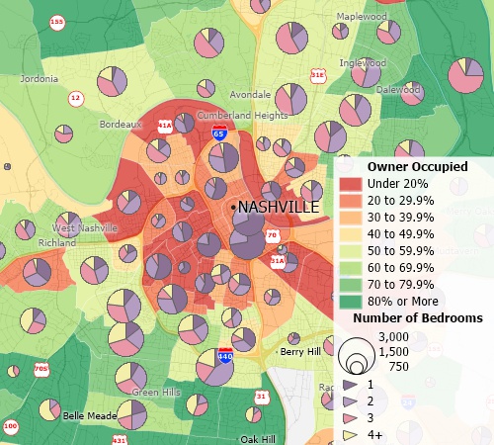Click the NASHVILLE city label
(x=280, y=208)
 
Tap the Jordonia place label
(x=39, y=78)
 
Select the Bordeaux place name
(x=122, y=125)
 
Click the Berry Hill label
(x=300, y=351)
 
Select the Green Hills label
(x=158, y=392)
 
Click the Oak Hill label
(x=260, y=437)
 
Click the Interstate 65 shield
(x=219, y=132)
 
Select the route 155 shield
(x=57, y=21)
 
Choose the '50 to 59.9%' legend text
(x=400, y=250)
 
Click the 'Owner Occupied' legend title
(x=410, y=167)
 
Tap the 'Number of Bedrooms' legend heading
(x=418, y=318)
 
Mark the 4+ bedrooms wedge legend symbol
(x=350, y=434)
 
